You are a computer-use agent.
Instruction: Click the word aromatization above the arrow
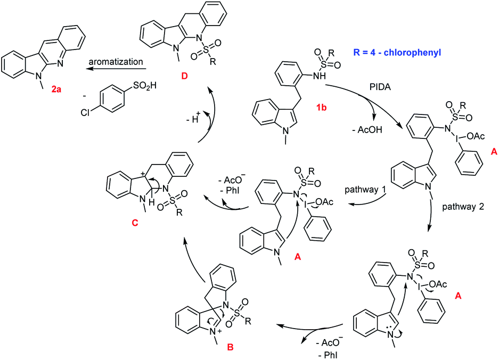117,62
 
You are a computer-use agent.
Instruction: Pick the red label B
230,348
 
